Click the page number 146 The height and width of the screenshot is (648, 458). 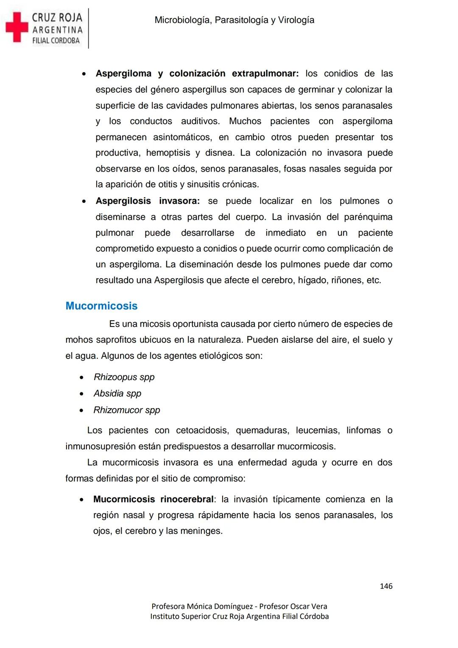click(x=386, y=586)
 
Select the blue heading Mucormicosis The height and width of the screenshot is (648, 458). click(x=101, y=306)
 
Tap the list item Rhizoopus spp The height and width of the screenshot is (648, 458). click(x=124, y=377)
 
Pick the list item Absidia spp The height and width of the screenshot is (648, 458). click(x=117, y=394)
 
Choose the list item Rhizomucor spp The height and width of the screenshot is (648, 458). click(x=127, y=410)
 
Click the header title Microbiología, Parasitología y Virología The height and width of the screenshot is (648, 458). click(x=234, y=20)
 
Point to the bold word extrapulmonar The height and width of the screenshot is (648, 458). click(x=265, y=73)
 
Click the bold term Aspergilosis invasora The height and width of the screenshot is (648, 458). click(x=148, y=201)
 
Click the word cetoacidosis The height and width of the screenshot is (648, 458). click(x=202, y=431)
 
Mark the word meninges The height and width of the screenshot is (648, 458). click(x=202, y=531)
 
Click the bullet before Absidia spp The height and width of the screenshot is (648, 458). click(x=82, y=394)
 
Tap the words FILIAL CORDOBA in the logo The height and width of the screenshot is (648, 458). click(x=56, y=41)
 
